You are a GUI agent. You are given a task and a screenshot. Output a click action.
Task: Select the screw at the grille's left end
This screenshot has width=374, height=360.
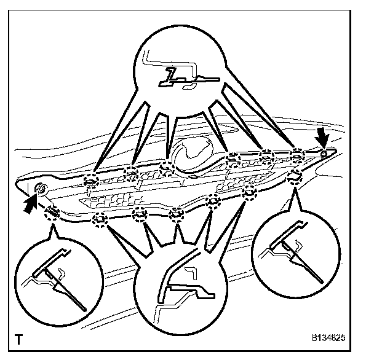point(41,188)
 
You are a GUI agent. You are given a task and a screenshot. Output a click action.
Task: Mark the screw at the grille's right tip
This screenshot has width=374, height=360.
point(325,152)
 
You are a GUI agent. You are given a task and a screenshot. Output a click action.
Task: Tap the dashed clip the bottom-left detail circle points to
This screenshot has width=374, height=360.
point(52,213)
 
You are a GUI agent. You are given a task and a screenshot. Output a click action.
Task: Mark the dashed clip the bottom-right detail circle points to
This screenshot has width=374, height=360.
point(295,177)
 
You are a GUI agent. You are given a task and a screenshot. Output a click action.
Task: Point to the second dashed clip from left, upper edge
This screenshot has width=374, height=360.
point(130,174)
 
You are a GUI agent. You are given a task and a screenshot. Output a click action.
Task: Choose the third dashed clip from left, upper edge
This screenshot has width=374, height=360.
point(165,167)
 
